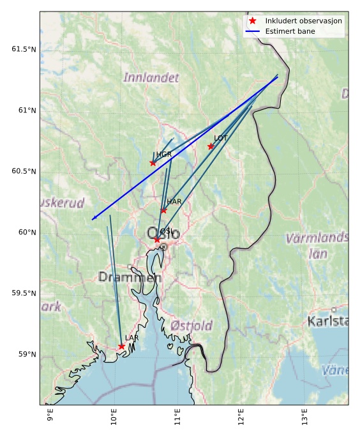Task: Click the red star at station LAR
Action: [121, 346]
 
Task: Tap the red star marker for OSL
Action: [156, 240]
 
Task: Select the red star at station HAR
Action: [163, 210]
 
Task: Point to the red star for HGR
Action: [153, 163]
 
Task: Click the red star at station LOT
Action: [211, 146]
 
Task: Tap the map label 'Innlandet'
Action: [151, 78]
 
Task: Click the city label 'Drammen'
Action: [130, 277]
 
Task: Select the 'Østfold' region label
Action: [191, 326]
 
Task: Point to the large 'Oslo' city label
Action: [163, 234]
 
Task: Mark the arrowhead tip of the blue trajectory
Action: [92, 220]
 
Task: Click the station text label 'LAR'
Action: [131, 338]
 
